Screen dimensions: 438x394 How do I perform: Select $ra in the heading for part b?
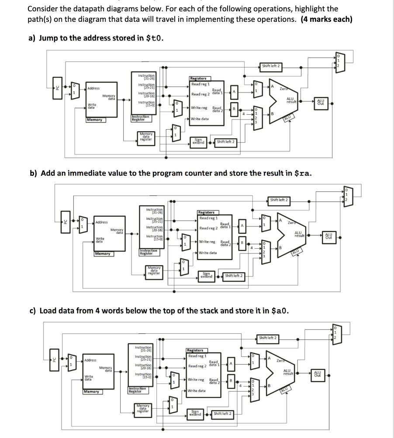(x=302, y=173)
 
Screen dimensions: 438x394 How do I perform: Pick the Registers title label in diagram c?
(x=195, y=350)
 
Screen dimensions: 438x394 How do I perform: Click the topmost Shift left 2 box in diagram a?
(x=271, y=66)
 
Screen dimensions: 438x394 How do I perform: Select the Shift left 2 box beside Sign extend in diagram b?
(x=234, y=276)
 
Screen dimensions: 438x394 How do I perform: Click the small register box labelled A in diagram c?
(x=231, y=364)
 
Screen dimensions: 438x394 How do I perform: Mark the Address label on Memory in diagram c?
(x=90, y=360)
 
